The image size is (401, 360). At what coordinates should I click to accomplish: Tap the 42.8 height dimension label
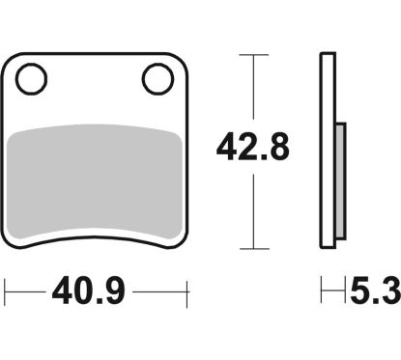pyautogui.click(x=253, y=147)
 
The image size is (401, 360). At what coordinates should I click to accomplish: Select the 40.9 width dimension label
pyautogui.click(x=88, y=291)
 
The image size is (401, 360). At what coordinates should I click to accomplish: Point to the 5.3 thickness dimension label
pyautogui.click(x=376, y=291)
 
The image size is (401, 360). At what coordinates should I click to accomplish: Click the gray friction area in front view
pyautogui.click(x=95, y=180)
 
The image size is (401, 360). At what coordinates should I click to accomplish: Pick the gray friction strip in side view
pyautogui.click(x=341, y=180)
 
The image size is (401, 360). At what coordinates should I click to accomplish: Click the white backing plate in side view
pyautogui.click(x=328, y=151)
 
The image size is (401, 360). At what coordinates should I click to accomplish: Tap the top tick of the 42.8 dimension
pyautogui.click(x=254, y=55)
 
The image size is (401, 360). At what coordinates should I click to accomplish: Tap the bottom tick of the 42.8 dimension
pyautogui.click(x=254, y=248)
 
